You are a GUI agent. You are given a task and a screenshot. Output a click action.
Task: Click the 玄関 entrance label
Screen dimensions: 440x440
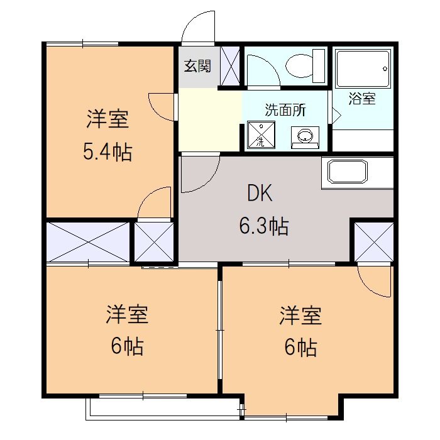pyautogui.click(x=197, y=66)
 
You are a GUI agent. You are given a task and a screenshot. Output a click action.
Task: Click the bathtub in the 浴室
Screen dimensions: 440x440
pyautogui.click(x=361, y=69)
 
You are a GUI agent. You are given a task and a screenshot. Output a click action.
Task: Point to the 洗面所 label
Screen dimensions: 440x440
pyautogui.click(x=285, y=110)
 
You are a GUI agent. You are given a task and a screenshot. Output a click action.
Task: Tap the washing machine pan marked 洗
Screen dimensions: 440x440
pyautogui.click(x=260, y=135)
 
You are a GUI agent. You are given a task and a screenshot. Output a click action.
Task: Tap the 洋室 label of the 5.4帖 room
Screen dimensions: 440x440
pyautogui.click(x=107, y=119)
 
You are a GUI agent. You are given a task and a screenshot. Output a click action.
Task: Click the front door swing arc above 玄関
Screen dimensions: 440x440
pyautogui.click(x=197, y=28)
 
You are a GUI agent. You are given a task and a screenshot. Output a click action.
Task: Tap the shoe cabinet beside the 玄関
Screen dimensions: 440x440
pyautogui.click(x=230, y=65)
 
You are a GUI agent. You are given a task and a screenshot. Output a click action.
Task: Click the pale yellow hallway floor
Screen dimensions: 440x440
pyautogui.click(x=210, y=120)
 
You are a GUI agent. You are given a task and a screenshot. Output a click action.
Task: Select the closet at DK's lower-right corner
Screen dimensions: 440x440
pyautogui.click(x=372, y=241)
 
